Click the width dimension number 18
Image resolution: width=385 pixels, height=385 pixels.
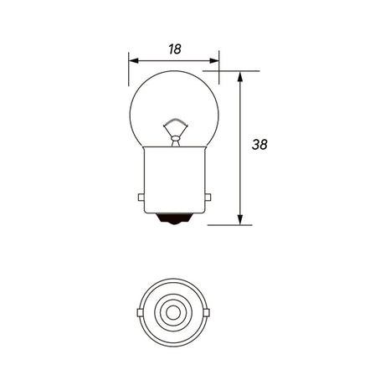click(x=175, y=49)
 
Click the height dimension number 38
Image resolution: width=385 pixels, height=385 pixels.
click(x=259, y=145)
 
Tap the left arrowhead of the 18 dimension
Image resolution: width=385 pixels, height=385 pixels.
click(x=134, y=60)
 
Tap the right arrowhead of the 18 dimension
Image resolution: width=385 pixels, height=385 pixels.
click(x=214, y=60)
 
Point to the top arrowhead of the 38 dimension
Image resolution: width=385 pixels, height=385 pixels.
click(x=240, y=76)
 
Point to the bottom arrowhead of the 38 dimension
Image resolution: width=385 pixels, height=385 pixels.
click(x=240, y=219)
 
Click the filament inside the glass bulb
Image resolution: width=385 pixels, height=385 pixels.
click(x=176, y=122)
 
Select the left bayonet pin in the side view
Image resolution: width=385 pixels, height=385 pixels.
click(x=141, y=198)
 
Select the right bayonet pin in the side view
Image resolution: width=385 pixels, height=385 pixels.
click(x=208, y=198)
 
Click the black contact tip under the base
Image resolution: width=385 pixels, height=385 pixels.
click(x=174, y=218)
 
